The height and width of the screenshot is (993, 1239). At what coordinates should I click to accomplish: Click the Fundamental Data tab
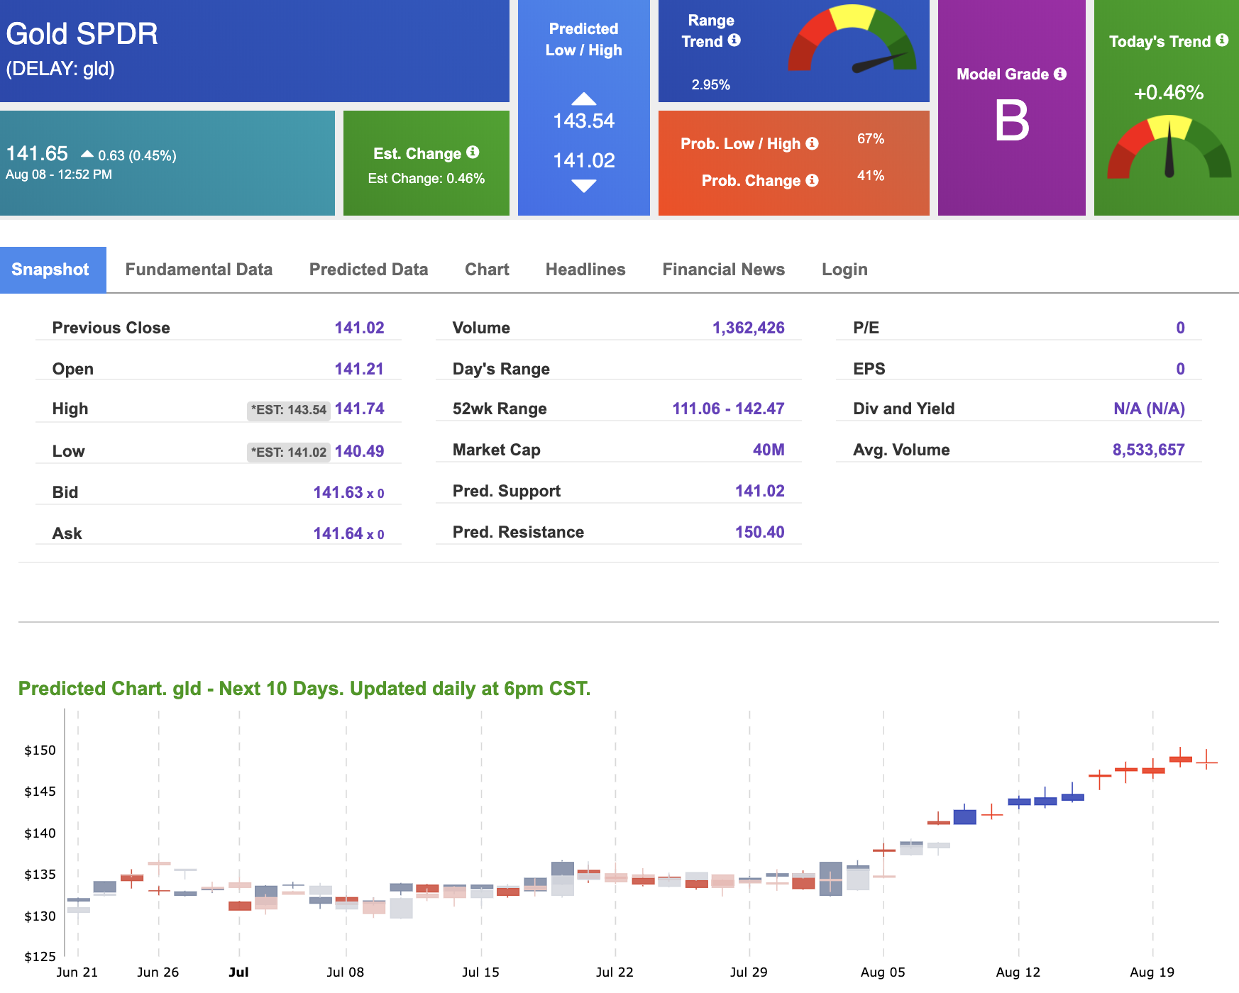(199, 270)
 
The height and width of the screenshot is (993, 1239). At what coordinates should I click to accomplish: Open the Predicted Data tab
(368, 270)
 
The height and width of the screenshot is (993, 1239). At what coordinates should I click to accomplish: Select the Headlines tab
(585, 270)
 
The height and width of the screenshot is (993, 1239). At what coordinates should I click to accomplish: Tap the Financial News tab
(723, 270)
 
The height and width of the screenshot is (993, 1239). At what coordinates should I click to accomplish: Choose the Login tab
(844, 270)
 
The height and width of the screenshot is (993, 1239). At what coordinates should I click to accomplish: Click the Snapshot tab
(50, 270)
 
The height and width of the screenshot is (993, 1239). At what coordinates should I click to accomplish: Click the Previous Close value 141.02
(359, 328)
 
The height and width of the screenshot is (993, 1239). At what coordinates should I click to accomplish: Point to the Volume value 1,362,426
(749, 328)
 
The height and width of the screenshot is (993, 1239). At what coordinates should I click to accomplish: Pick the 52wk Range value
(728, 409)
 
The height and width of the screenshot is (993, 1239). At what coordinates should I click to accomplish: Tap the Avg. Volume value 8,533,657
(1148, 450)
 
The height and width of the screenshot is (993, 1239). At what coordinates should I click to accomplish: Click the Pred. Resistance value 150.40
(759, 532)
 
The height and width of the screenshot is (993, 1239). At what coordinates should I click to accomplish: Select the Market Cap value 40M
(769, 450)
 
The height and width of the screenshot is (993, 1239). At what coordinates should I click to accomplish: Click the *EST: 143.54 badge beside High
(289, 410)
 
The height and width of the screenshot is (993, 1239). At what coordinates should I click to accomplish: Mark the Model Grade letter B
(1012, 121)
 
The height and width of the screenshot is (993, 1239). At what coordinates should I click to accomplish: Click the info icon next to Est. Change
(473, 152)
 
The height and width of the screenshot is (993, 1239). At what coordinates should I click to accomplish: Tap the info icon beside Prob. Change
(812, 180)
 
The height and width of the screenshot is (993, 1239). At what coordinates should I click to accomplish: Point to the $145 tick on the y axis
(40, 792)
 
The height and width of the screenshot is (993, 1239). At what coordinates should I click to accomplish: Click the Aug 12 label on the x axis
(1018, 972)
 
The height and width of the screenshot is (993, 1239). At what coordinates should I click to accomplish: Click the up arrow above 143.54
(584, 99)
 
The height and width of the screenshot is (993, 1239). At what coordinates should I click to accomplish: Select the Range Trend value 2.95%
(710, 84)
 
